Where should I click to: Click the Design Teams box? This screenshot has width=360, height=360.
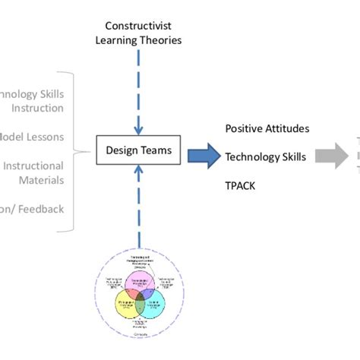pos(138,150)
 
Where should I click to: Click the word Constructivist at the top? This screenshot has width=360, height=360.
pos(139,25)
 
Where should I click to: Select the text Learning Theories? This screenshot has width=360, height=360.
pos(139,39)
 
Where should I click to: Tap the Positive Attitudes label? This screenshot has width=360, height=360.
pos(267,129)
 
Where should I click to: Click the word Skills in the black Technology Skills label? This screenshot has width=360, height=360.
pos(292,157)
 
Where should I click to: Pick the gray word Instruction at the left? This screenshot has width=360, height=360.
pos(37,109)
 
